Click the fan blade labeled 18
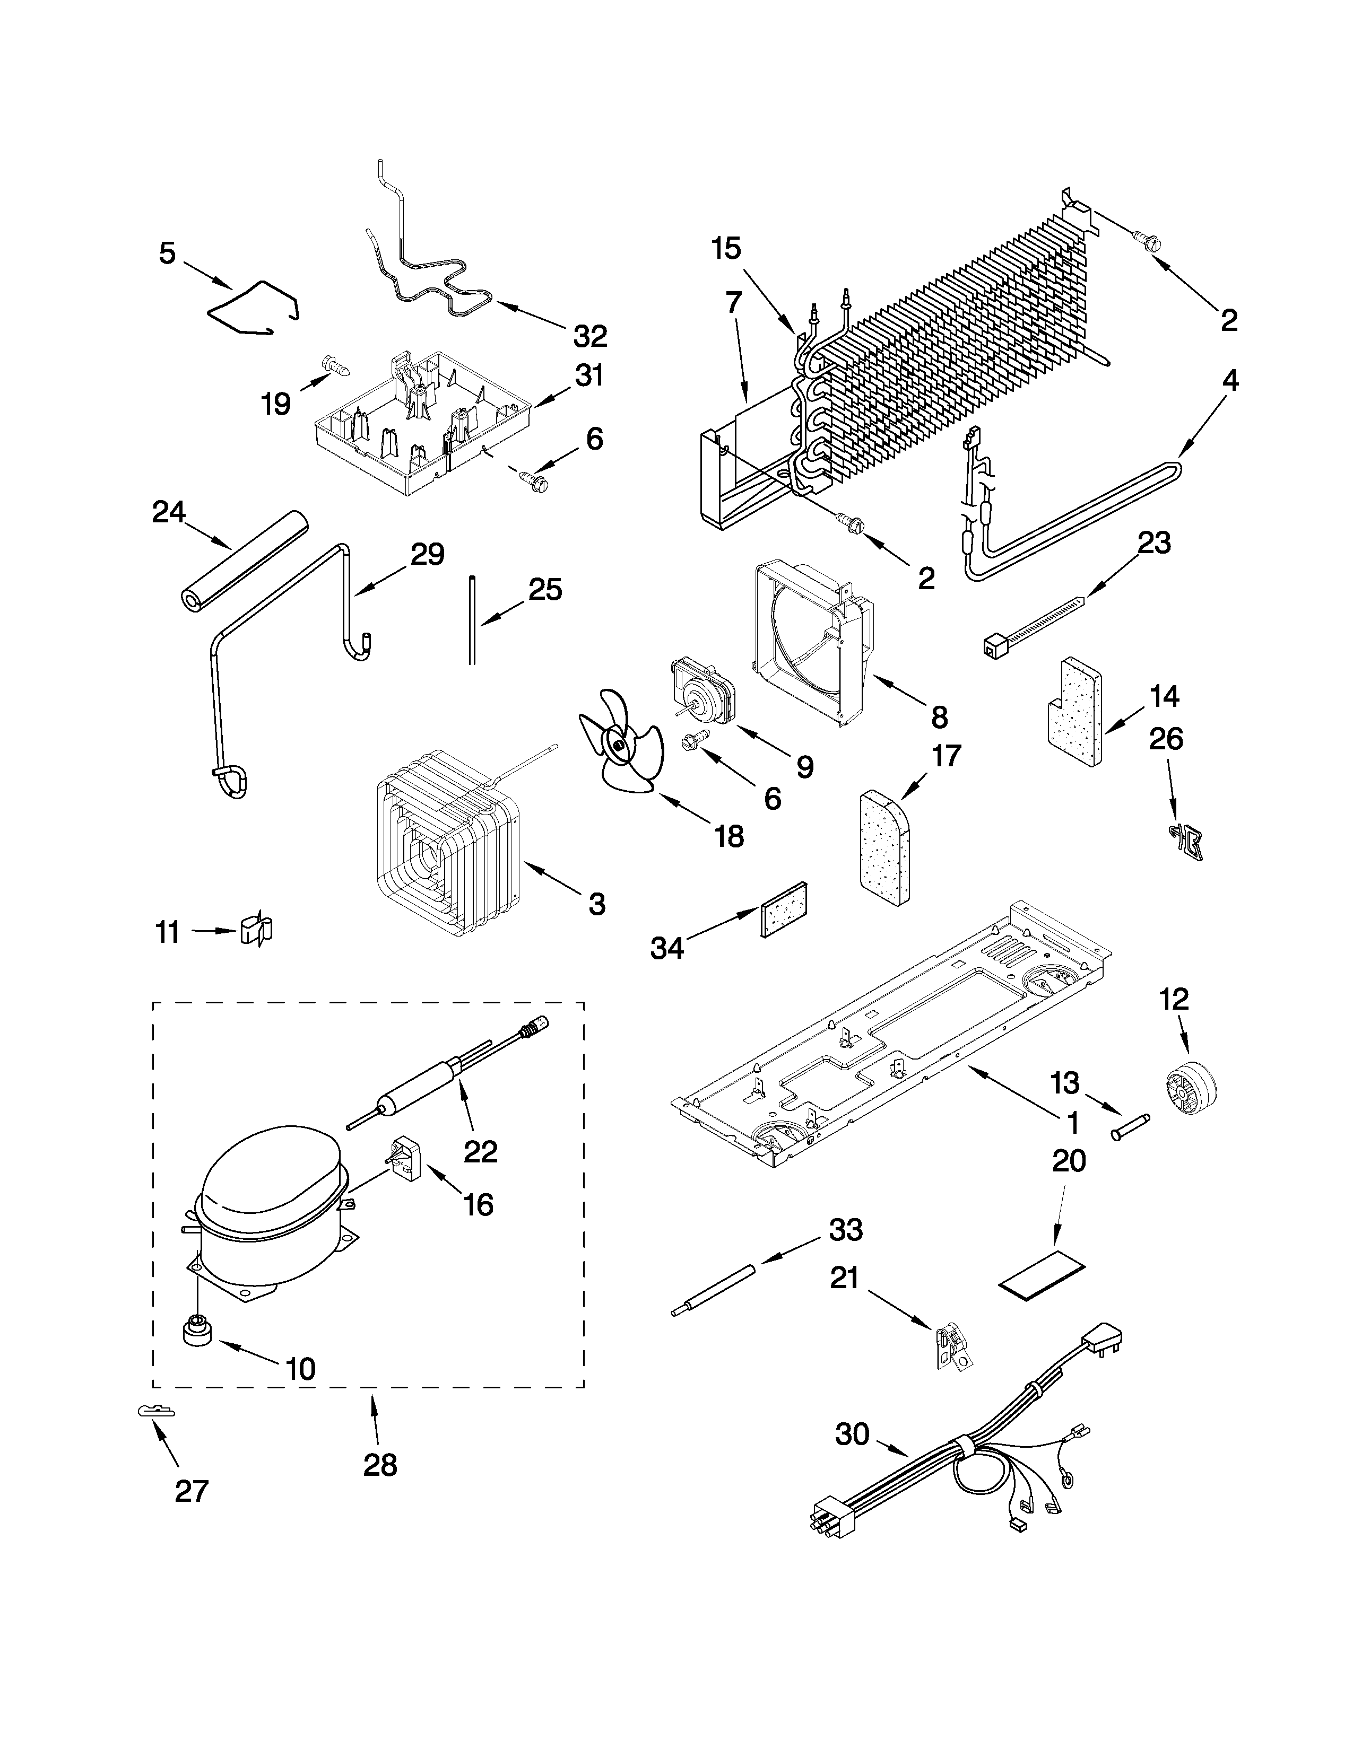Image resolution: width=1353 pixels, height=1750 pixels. (619, 743)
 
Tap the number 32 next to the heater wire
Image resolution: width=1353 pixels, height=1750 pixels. (590, 337)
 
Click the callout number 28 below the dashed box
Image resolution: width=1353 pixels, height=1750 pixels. (380, 1465)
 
